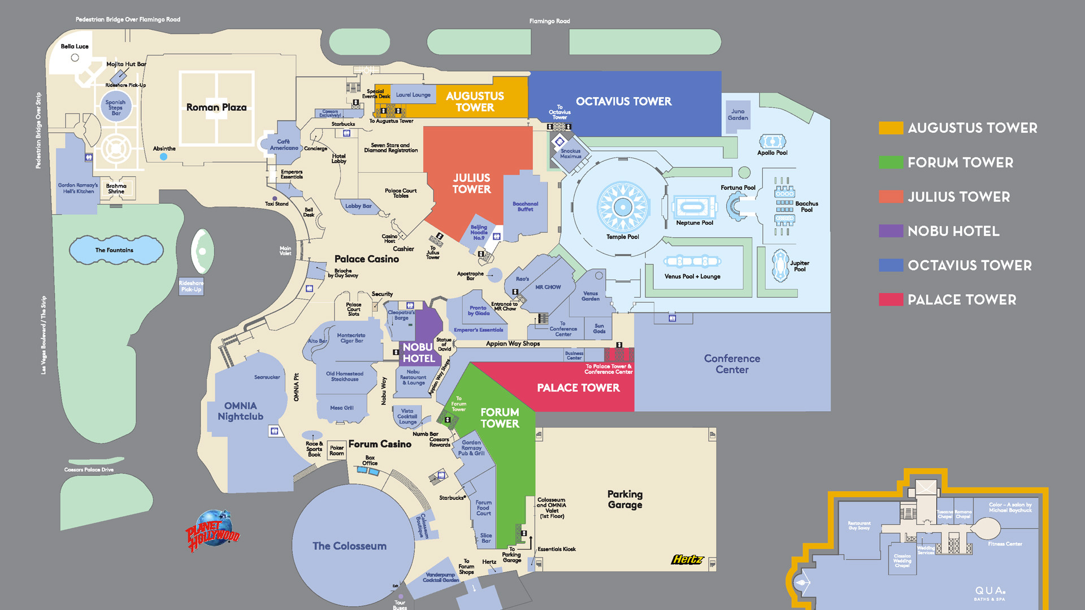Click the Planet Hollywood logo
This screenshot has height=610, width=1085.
click(x=212, y=531)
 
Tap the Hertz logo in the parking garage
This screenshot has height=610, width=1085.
click(x=687, y=559)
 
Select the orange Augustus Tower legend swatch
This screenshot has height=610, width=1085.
click(x=891, y=128)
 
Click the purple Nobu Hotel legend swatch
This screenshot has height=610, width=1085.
click(x=891, y=231)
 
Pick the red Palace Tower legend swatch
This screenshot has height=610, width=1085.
click(x=891, y=299)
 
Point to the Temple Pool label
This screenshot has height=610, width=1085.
click(x=622, y=237)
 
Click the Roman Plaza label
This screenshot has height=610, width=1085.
click(x=216, y=107)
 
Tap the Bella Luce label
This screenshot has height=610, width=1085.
click(x=75, y=46)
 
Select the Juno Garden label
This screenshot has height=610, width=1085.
click(x=737, y=115)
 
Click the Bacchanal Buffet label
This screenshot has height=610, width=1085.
click(x=525, y=207)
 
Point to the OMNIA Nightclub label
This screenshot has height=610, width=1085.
click(x=240, y=411)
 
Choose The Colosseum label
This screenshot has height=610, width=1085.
click(x=349, y=546)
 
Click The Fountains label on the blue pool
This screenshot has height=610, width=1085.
click(x=114, y=250)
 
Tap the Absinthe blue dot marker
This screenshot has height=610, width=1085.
click(x=163, y=157)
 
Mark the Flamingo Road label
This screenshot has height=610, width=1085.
click(x=549, y=21)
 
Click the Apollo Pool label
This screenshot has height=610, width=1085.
click(x=772, y=152)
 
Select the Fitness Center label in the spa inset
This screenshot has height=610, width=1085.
click(x=1005, y=544)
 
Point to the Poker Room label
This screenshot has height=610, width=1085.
click(x=336, y=450)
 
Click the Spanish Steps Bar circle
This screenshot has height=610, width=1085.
click(x=116, y=107)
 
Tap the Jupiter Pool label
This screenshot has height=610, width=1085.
click(x=799, y=266)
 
